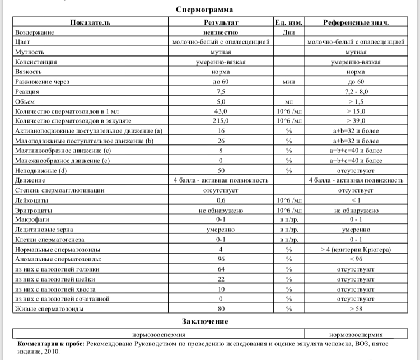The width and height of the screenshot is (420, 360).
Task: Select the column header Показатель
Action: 90,22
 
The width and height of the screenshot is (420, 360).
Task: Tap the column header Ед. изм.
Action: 289,22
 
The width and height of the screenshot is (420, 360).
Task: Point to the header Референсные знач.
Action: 356,22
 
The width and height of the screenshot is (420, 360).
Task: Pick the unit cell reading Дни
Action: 289,32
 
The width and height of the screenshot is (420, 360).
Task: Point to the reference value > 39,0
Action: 356,120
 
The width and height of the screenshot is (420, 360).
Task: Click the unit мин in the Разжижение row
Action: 289,81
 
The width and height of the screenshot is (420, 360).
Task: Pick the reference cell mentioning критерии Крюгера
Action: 356,249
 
